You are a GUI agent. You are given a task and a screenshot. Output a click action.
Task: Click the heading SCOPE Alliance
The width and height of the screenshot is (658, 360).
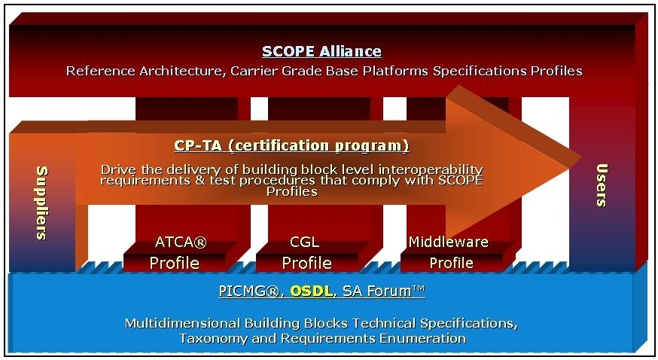321,52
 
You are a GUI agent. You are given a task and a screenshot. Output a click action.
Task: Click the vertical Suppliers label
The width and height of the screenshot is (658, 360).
41,203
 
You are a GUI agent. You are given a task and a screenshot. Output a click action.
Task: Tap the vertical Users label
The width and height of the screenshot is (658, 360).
602,185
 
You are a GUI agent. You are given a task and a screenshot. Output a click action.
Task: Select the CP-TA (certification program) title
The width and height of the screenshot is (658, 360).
291,145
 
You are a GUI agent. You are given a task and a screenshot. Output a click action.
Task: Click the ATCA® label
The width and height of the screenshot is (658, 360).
181,243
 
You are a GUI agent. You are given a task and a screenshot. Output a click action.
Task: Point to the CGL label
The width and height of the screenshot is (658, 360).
304,243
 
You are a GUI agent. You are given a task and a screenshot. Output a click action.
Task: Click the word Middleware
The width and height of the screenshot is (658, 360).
449,242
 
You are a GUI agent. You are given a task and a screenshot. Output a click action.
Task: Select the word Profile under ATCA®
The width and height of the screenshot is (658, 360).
175,263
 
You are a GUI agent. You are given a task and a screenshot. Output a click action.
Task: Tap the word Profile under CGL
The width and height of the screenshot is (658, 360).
306,263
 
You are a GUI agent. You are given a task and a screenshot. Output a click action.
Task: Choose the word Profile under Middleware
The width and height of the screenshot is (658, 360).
451,263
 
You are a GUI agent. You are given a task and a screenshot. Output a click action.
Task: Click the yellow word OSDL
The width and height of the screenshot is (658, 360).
312,291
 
